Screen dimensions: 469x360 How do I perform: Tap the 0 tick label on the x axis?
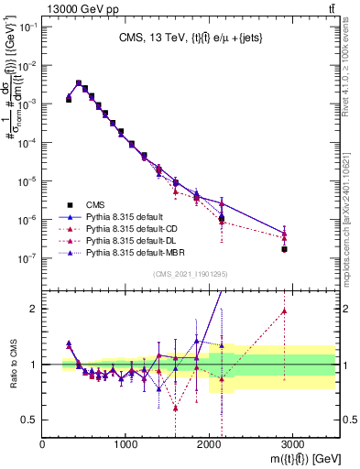pyautogui.click(x=43, y=445)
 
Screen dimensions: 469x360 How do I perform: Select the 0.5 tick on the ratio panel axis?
pyautogui.click(x=31, y=420)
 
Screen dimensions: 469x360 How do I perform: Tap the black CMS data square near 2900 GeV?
pyautogui.click(x=284, y=249)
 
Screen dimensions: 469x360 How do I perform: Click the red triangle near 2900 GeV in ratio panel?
pyautogui.click(x=284, y=311)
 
